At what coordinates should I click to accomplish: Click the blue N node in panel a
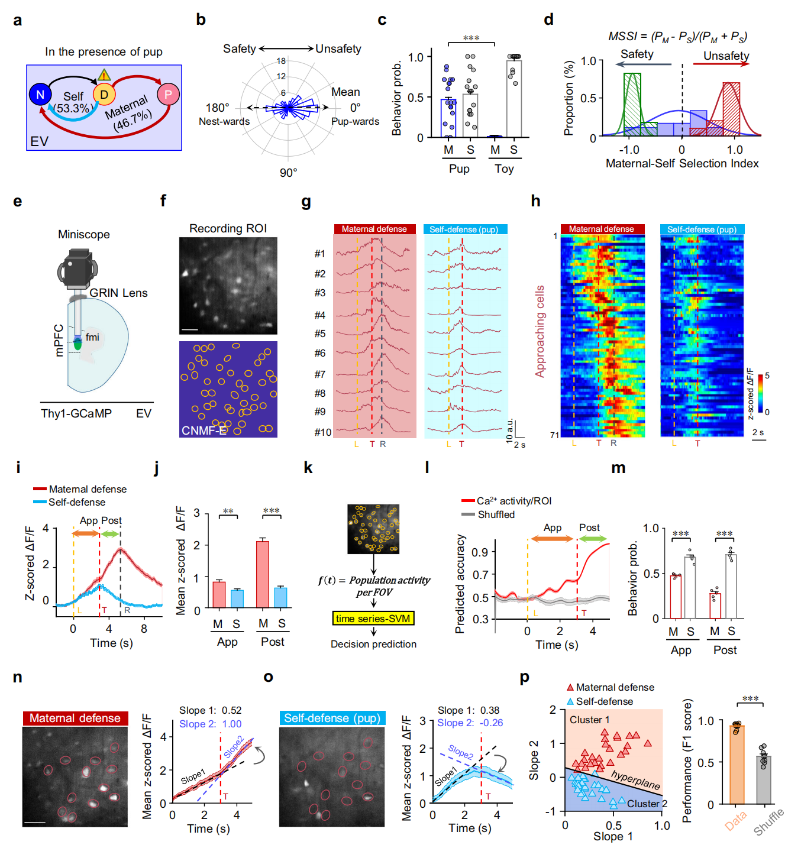[40, 95]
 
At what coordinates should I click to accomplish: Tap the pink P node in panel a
[168, 94]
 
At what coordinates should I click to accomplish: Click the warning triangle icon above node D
[104, 75]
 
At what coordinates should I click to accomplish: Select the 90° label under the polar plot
[288, 173]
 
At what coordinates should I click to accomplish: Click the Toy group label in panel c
[504, 169]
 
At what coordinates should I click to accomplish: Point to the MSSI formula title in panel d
[677, 37]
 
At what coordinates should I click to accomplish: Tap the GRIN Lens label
[118, 293]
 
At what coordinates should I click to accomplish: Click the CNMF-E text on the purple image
[204, 431]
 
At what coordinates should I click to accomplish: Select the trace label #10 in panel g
[322, 432]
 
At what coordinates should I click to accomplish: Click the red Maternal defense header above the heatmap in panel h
[601, 229]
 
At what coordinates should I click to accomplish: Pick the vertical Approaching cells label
[540, 331]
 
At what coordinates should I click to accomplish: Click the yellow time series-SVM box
[373, 619]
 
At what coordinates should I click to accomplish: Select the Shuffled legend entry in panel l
[496, 514]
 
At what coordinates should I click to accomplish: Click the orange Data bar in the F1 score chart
[737, 763]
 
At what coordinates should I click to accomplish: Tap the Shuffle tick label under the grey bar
[769, 822]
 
